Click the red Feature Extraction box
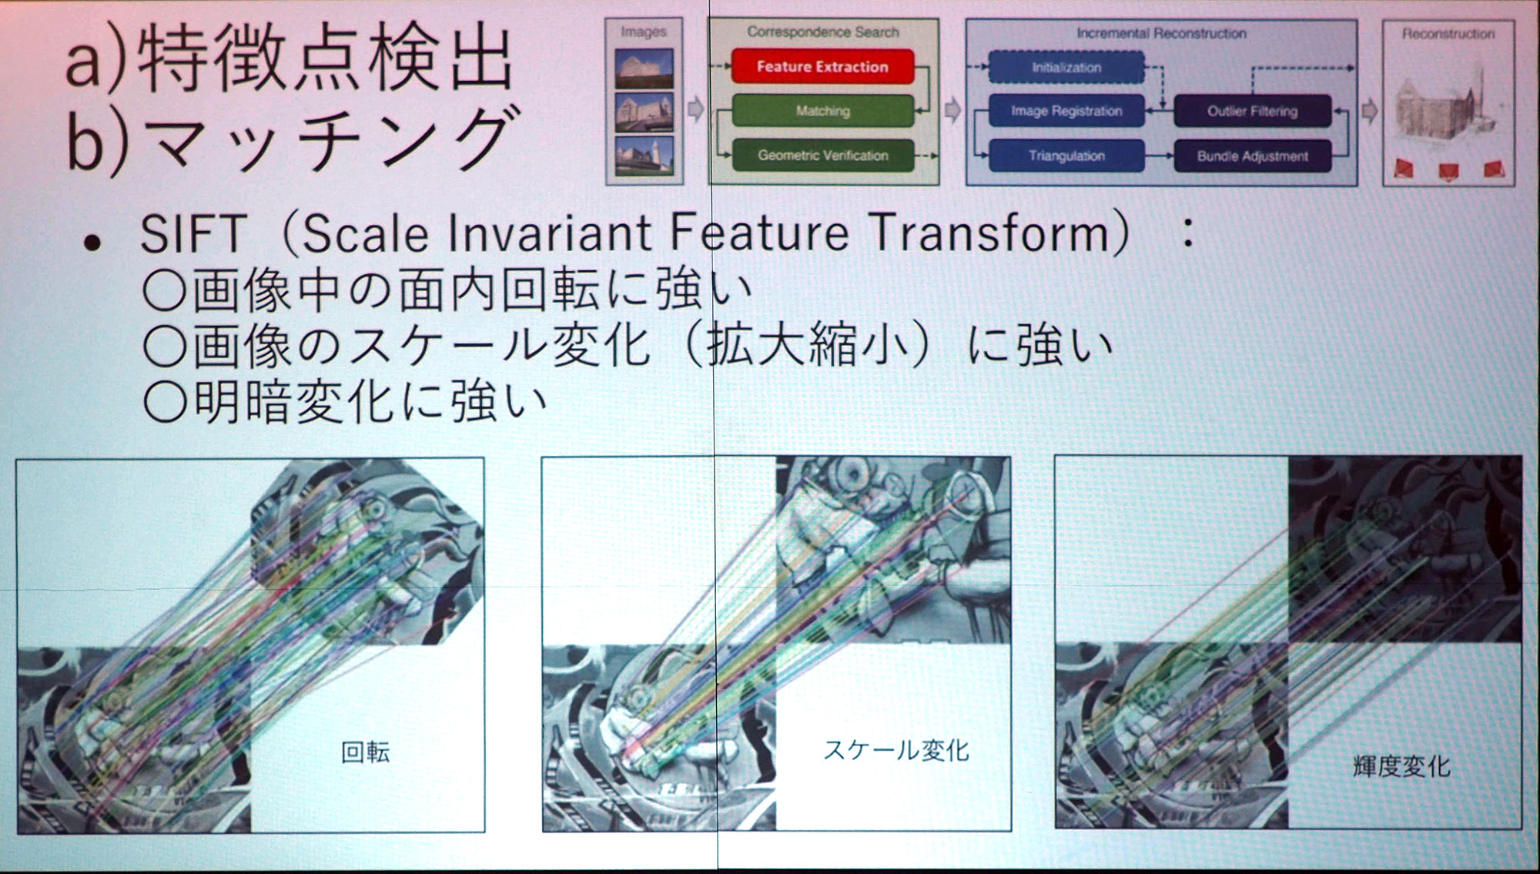click(x=822, y=66)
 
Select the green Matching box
click(x=822, y=111)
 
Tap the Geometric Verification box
click(x=822, y=155)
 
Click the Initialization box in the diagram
click(x=1066, y=67)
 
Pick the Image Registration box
click(x=1066, y=111)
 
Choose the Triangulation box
click(x=1066, y=156)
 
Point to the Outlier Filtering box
click(x=1252, y=111)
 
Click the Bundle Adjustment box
click(x=1252, y=156)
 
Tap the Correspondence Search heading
click(x=822, y=32)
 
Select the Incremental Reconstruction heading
click(x=1161, y=33)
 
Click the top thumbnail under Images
click(x=644, y=68)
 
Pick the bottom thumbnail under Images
click(x=644, y=156)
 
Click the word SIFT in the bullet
click(x=193, y=233)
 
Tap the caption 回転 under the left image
click(x=365, y=752)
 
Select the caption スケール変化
click(x=896, y=750)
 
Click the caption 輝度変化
click(x=1401, y=766)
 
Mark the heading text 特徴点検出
click(x=325, y=59)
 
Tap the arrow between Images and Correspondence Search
click(x=695, y=109)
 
